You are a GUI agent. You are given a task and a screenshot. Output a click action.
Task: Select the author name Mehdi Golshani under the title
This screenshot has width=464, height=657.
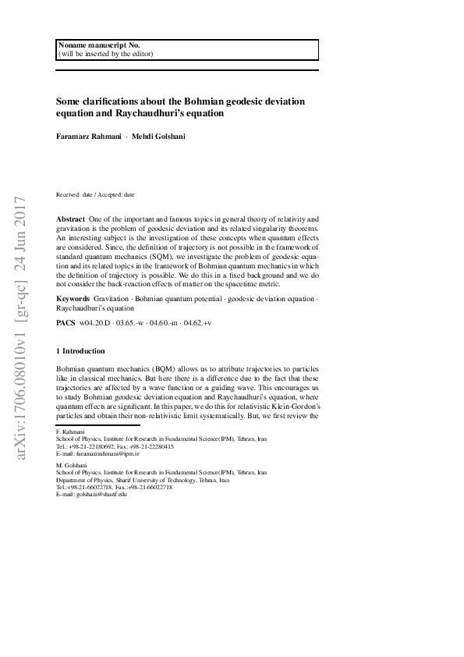158,137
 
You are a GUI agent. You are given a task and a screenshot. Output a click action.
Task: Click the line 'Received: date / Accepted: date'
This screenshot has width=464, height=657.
95,194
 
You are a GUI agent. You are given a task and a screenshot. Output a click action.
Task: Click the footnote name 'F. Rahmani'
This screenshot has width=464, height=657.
71,431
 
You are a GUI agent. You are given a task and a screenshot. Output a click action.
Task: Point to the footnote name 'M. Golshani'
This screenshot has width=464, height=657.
72,466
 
